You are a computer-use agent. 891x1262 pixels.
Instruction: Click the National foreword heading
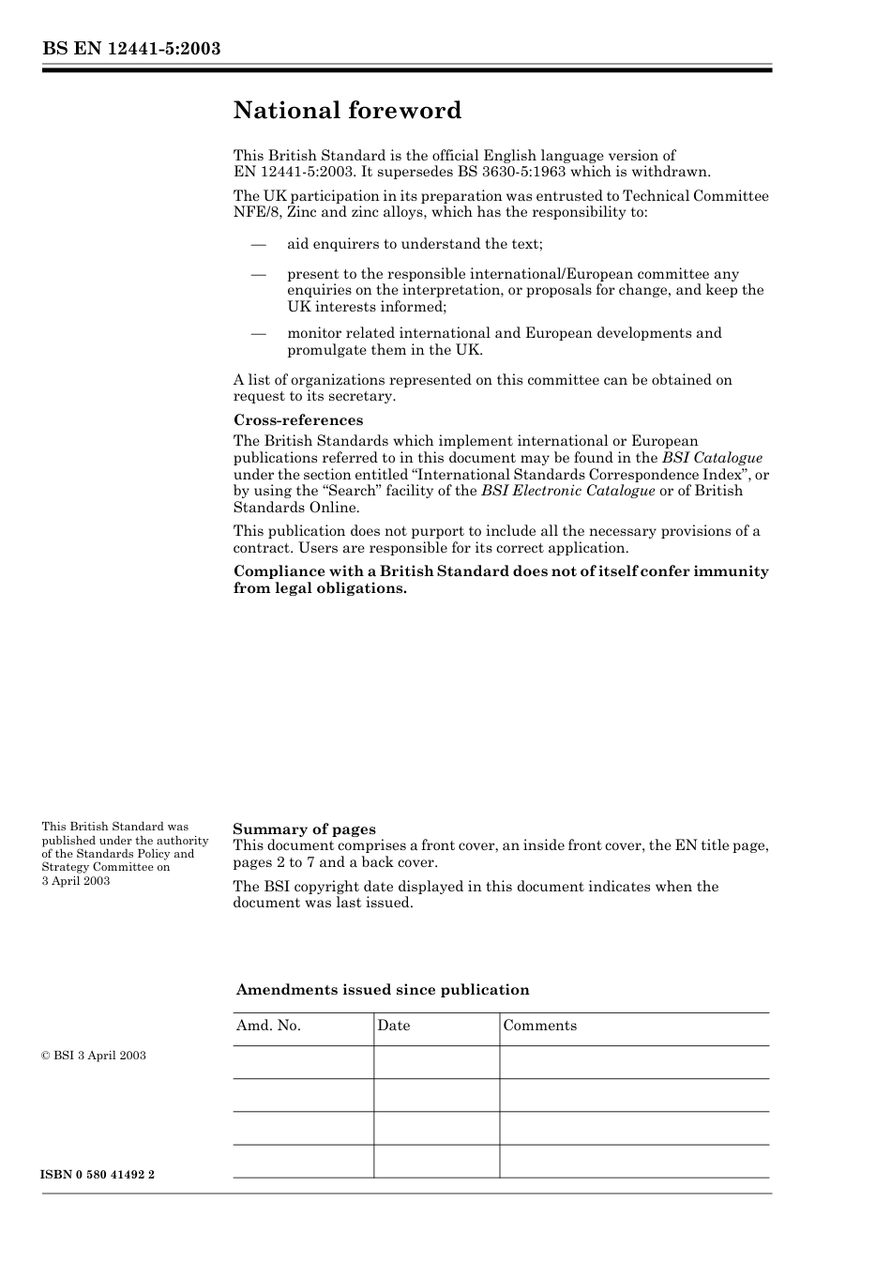[347, 111]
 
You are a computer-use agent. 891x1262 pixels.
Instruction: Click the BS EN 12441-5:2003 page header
[131, 48]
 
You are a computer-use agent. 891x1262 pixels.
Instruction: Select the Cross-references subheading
[298, 420]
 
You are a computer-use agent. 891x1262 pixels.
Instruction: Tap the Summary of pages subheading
[304, 829]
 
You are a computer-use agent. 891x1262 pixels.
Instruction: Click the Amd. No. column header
[268, 1026]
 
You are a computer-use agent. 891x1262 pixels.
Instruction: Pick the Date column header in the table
[394, 1026]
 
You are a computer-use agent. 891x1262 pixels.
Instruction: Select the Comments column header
[539, 1026]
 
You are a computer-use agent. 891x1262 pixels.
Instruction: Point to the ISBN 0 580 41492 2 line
[98, 1175]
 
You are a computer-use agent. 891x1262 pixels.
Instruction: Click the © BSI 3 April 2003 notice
[94, 1056]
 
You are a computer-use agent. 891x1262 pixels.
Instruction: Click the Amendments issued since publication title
[382, 990]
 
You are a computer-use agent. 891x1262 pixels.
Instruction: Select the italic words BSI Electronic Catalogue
[567, 491]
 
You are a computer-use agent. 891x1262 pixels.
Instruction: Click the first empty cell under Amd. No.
[303, 1062]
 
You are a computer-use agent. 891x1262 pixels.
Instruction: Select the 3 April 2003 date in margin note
[76, 881]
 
